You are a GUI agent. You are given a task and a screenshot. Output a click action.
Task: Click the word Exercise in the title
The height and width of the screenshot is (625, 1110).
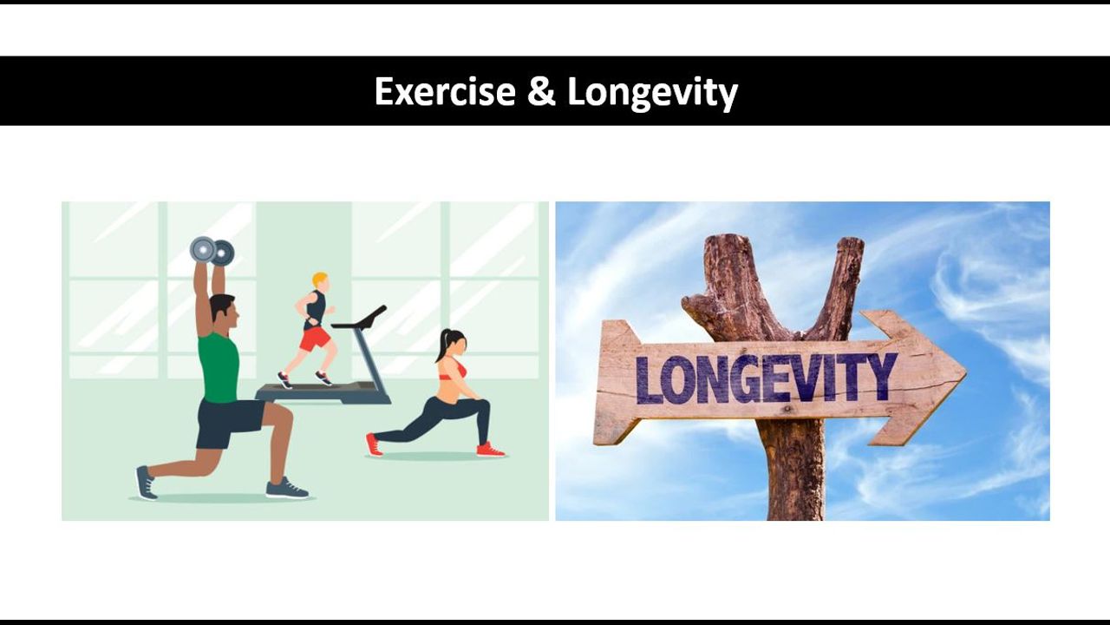[445, 91]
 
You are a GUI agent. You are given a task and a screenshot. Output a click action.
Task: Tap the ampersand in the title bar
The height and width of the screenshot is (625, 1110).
[541, 91]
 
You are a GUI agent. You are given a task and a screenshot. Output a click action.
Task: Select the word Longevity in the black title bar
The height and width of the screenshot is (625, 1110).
[653, 93]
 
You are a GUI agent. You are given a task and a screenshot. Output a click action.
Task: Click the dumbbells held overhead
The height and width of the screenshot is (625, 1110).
[212, 251]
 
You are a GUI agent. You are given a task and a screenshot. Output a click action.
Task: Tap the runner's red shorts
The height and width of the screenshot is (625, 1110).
[314, 339]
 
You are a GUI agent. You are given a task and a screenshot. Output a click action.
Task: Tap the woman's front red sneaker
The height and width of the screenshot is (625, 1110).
[490, 450]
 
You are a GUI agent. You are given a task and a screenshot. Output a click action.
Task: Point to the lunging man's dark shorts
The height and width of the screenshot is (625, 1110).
[228, 423]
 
